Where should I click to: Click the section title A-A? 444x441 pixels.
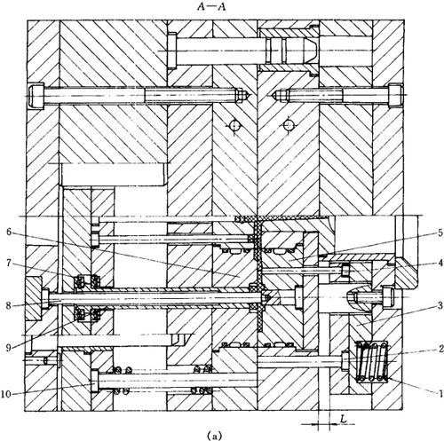point(211,7)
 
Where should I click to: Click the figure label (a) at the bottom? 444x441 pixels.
point(214,436)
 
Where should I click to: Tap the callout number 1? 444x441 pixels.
point(440,393)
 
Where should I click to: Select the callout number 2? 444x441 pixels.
point(440,349)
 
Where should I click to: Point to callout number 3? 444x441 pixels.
point(440,305)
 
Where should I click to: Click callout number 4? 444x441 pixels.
point(440,263)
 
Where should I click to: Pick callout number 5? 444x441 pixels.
point(440,232)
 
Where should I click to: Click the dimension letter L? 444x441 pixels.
point(343,418)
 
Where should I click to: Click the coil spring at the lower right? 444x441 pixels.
point(372,361)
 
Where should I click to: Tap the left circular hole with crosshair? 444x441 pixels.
point(234,125)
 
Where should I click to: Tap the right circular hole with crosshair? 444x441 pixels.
point(288,125)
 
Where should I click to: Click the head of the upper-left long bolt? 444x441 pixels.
point(36,95)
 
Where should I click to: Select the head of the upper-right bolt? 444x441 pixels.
point(395,95)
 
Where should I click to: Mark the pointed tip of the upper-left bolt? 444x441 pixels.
point(250,95)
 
